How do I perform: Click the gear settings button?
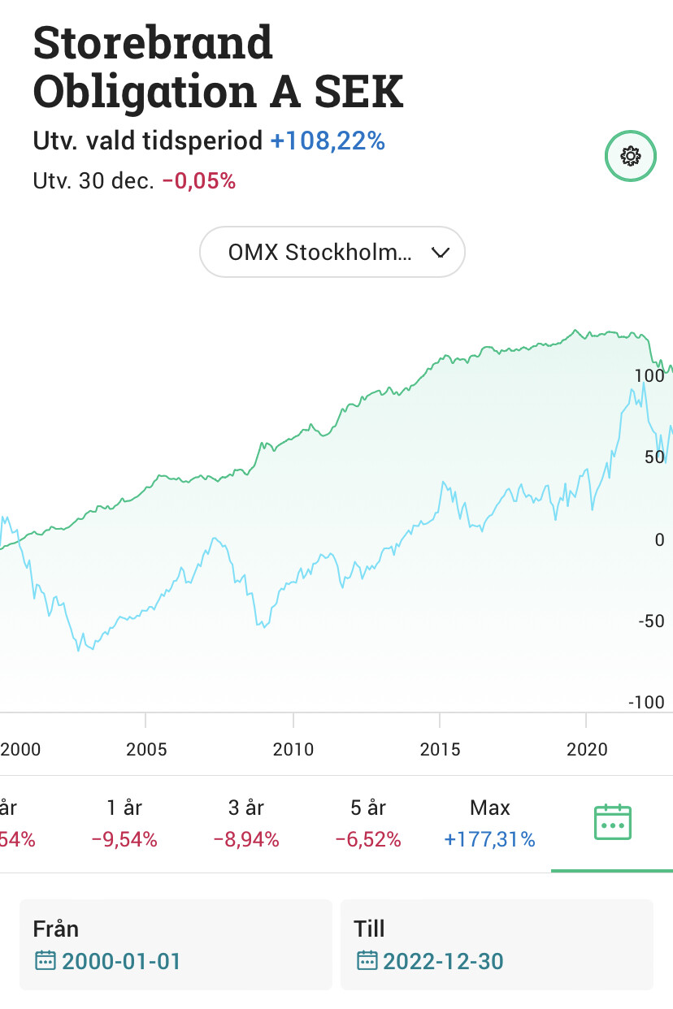(x=630, y=156)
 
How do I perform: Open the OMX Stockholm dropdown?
(x=332, y=252)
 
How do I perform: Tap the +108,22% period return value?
(x=328, y=141)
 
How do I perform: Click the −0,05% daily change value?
(x=199, y=181)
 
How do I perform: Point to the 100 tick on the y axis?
(x=649, y=375)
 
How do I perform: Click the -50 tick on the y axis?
(x=651, y=621)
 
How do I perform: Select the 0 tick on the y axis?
(x=659, y=539)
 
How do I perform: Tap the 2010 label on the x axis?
(x=293, y=750)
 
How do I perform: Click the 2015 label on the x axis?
(x=440, y=750)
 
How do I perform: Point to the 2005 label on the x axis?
(x=146, y=750)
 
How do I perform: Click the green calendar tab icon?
(x=613, y=822)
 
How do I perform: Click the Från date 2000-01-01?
(x=108, y=961)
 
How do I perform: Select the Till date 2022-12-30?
(x=430, y=961)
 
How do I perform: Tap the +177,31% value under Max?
(x=490, y=840)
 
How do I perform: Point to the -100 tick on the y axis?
(x=646, y=702)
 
